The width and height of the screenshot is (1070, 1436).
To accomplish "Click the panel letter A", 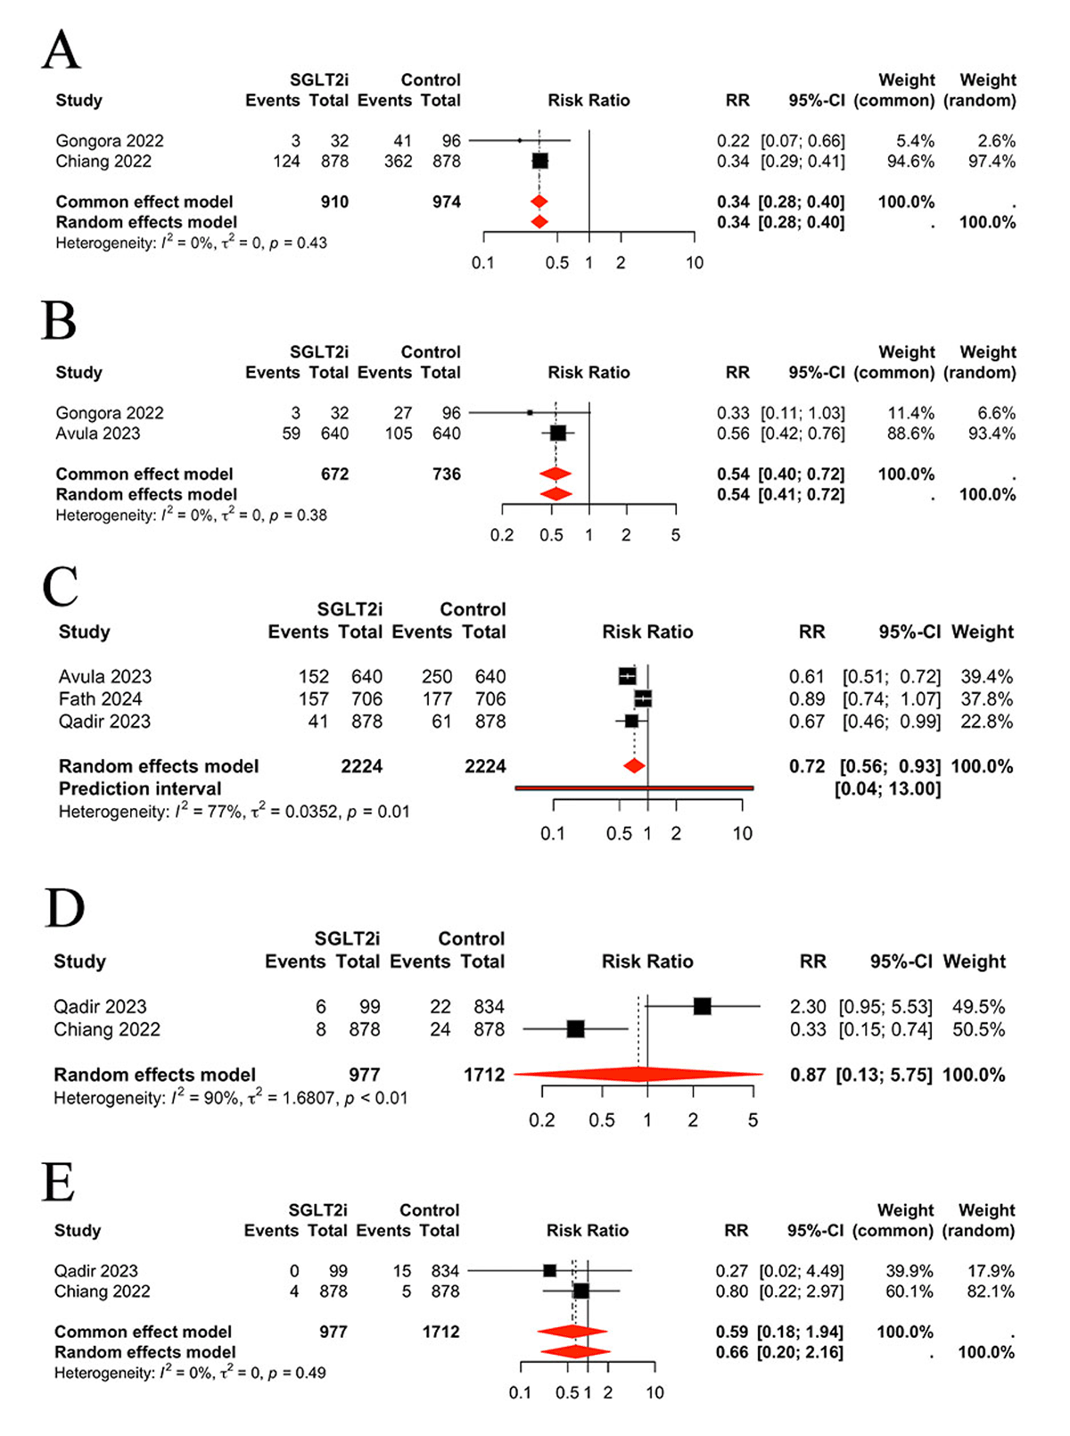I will (61, 50).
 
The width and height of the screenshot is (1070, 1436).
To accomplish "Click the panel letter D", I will (64, 909).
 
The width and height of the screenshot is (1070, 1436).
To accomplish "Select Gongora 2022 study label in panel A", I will (110, 141).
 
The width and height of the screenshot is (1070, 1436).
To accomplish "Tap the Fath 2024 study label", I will (100, 699).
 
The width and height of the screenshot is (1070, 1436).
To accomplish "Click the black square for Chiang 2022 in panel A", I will (539, 161).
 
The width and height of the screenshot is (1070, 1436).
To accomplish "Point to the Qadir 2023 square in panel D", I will (702, 1007).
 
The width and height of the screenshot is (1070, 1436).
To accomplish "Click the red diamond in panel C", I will (634, 766).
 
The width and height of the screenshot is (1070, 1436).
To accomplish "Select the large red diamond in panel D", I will (638, 1075).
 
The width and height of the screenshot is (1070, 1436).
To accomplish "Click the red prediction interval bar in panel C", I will (634, 788).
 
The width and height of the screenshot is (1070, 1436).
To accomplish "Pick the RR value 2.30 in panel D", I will (808, 1007).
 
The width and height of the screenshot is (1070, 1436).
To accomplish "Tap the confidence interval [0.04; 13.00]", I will (887, 788).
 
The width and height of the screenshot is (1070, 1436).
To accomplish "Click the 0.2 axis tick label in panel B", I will (502, 535).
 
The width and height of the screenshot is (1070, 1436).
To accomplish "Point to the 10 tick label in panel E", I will (654, 1393).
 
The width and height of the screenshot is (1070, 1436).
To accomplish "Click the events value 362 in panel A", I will (398, 161).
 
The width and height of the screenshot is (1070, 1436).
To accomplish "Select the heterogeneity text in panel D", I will (230, 1098).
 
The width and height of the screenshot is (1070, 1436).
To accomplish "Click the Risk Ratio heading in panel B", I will (588, 373).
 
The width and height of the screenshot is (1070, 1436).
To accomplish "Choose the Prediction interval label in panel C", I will (140, 788).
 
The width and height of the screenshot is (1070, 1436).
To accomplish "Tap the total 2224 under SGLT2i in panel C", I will (361, 766).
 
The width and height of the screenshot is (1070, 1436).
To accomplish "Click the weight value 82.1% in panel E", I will (990, 1292).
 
